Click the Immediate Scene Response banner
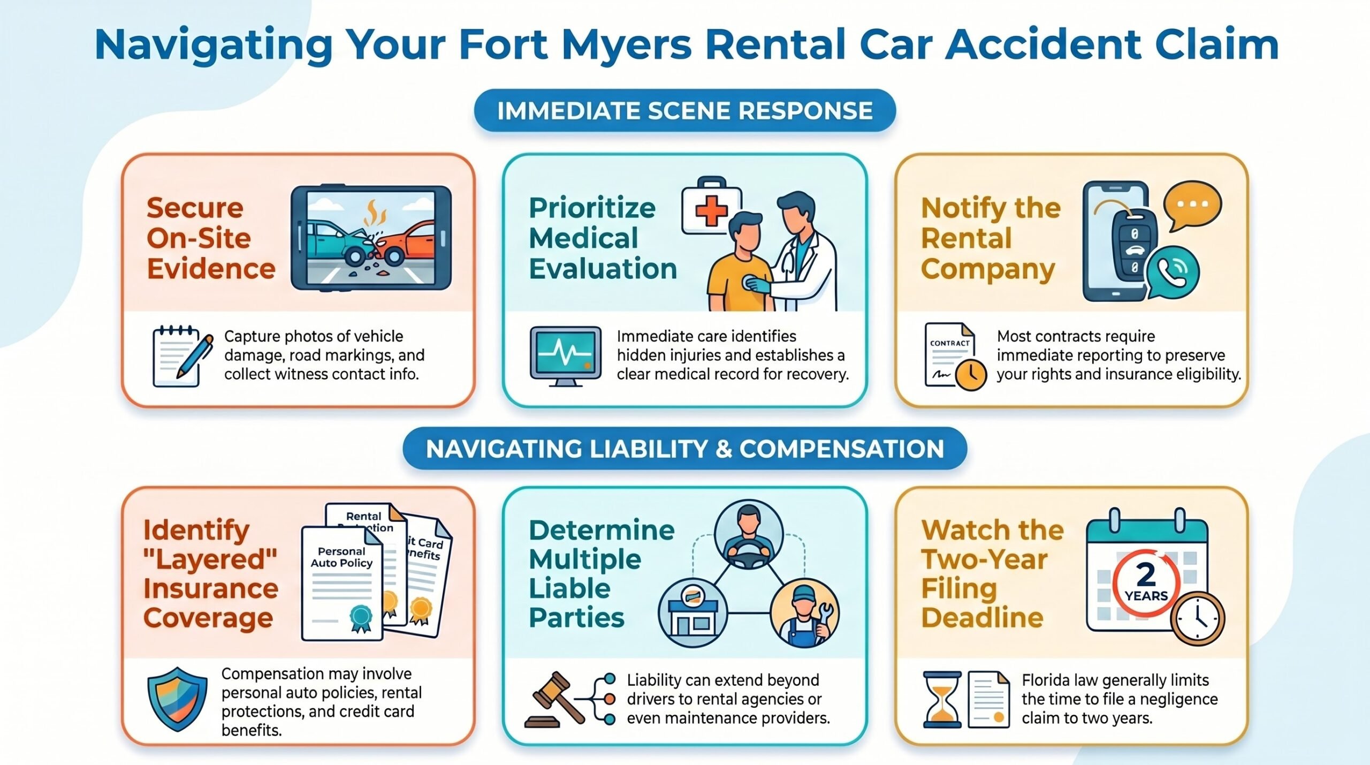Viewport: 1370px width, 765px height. tap(684, 111)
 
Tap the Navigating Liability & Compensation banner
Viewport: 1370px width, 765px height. tap(684, 449)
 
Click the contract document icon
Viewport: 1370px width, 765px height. tap(954, 356)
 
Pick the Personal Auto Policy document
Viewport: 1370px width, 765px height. tap(342, 584)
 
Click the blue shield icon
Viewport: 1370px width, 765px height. tap(177, 699)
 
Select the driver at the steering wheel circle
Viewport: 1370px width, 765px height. tap(749, 535)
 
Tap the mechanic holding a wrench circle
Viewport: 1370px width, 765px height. tap(804, 613)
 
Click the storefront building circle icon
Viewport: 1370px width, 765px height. tap(693, 613)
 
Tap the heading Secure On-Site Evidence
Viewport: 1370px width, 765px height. tap(211, 238)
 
